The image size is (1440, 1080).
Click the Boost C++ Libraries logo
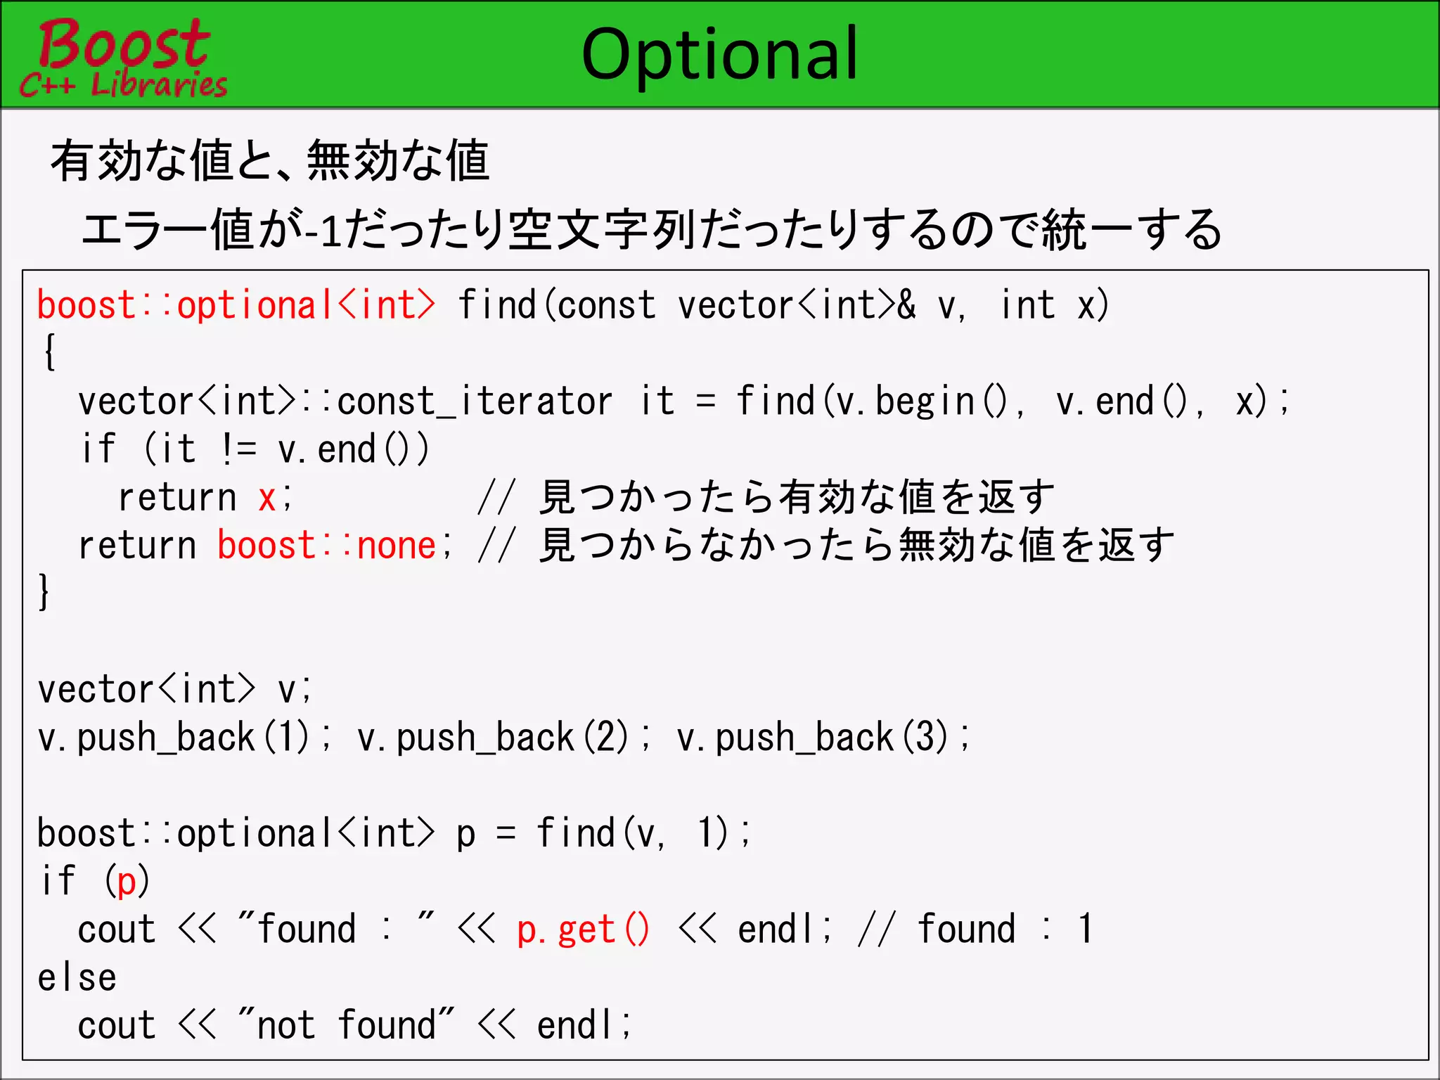pyautogui.click(x=123, y=58)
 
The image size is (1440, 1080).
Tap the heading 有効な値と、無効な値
pyautogui.click(x=269, y=160)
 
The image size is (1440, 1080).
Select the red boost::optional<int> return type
pyautogui.click(x=236, y=306)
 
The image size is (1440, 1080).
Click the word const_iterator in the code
pyautogui.click(x=475, y=401)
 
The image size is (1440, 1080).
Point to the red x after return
pyautogui.click(x=266, y=498)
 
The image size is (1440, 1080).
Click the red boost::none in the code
pyautogui.click(x=327, y=546)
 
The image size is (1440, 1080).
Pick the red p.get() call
pyautogui.click(x=583, y=930)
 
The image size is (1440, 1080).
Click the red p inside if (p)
pyautogui.click(x=127, y=882)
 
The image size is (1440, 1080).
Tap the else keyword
pyautogui.click(x=77, y=977)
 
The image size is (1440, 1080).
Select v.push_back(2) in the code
pyautogui.click(x=493, y=738)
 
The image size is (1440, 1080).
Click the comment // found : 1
pyautogui.click(x=975, y=930)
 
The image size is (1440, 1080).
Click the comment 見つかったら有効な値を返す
pyautogui.click(x=797, y=498)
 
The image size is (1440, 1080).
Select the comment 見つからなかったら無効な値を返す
pyautogui.click(x=856, y=546)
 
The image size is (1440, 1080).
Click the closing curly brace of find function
pyautogui.click(x=44, y=592)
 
